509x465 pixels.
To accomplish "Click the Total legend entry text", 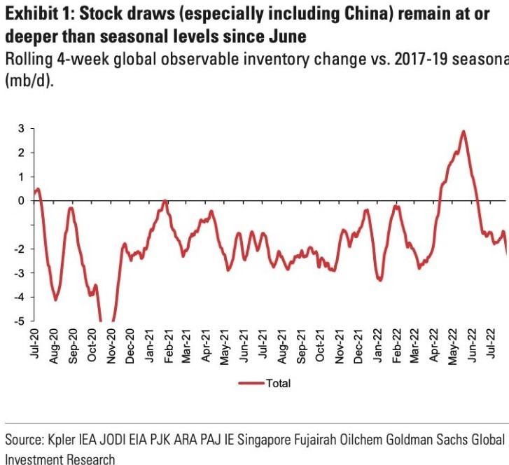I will click(x=278, y=383).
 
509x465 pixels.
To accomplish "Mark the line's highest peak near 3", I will click(x=463, y=132).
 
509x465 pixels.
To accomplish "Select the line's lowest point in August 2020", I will click(x=55, y=300).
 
